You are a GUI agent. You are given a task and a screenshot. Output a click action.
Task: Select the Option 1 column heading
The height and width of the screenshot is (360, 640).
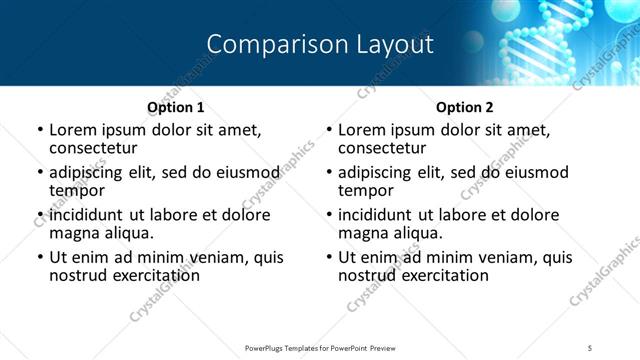[x=176, y=106]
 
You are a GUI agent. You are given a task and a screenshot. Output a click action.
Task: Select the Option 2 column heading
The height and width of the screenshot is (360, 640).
[x=464, y=106]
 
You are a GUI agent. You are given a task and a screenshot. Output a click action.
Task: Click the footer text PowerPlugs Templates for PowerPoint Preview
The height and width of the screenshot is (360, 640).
[x=319, y=347]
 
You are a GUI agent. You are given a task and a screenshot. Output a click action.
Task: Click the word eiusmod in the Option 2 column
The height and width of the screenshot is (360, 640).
[x=535, y=172]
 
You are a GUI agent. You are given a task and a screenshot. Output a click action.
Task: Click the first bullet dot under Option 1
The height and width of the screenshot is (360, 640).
[x=40, y=130]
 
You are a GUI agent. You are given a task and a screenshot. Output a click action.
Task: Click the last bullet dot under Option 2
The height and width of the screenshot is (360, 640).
[x=329, y=258]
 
